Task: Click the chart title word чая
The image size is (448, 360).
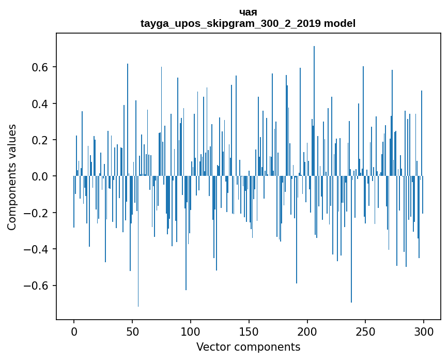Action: tap(248, 12)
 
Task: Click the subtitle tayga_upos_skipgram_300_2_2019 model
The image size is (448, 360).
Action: tap(248, 23)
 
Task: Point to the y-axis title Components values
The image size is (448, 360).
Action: tap(12, 177)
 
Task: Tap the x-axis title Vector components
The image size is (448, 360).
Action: tap(248, 347)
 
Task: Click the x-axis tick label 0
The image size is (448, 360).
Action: tap(74, 332)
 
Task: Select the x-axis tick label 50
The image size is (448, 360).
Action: tap(132, 332)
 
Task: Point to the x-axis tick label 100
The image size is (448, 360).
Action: tap(191, 332)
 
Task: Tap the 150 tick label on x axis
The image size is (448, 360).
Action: tap(249, 332)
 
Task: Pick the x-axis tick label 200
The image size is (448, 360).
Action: tap(307, 332)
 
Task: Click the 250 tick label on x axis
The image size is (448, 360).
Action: tap(365, 332)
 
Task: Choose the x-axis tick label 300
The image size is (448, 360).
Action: tap(424, 332)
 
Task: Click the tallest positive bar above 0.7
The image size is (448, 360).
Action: tap(314, 103)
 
